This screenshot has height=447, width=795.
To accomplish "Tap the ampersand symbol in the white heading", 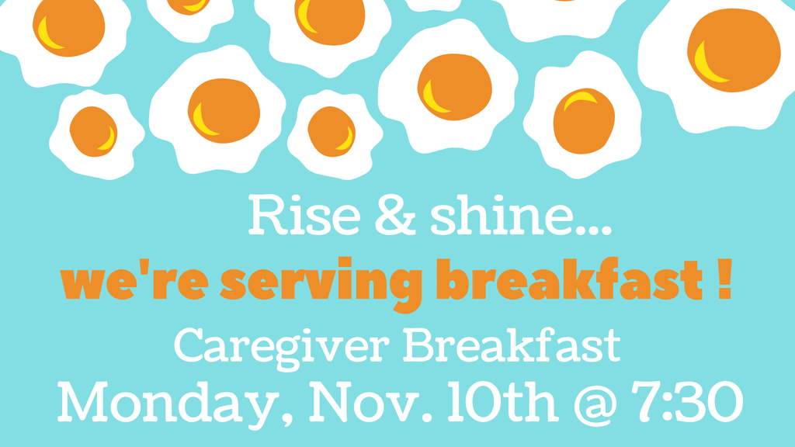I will pyautogui.click(x=394, y=217).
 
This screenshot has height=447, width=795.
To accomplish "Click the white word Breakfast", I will pyautogui.click(x=512, y=345).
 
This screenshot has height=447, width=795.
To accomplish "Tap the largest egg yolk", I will pyautogui.click(x=734, y=50).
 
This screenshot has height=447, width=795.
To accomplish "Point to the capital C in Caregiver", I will pyautogui.click(x=189, y=345).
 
